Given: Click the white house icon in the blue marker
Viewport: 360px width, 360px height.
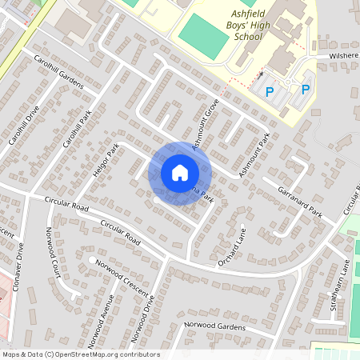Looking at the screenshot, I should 180,172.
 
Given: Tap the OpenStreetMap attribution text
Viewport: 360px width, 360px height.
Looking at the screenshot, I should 80,354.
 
